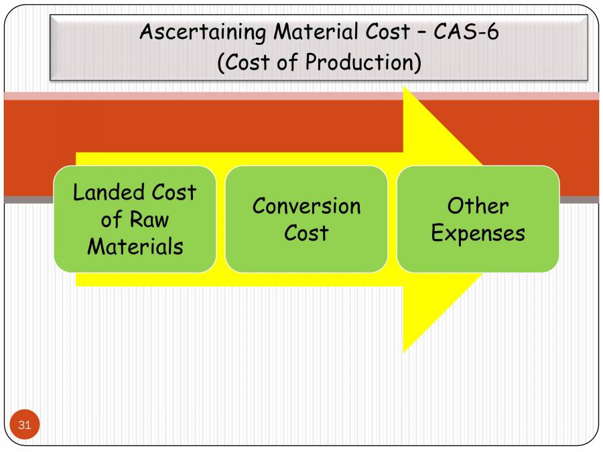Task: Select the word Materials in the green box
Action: (135, 246)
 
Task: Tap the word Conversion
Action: (306, 206)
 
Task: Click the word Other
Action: (478, 206)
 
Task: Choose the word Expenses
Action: (478, 233)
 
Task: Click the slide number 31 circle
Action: (25, 425)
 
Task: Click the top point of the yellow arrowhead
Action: (403, 88)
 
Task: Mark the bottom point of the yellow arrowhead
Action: (403, 351)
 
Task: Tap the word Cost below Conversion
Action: (306, 233)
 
